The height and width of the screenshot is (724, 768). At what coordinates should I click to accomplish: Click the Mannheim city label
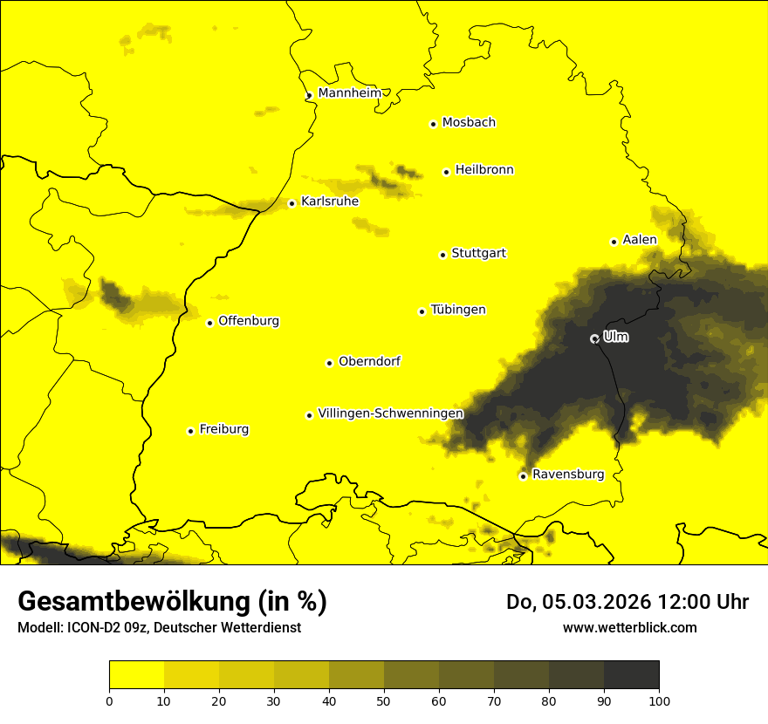point(349,92)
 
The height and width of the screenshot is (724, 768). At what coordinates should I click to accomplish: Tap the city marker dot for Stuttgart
point(442,255)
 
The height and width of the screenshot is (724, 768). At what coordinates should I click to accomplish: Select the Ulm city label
point(615,337)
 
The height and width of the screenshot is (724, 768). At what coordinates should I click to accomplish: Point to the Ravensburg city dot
point(523,476)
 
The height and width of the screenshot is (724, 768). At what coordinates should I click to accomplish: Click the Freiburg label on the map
point(223,429)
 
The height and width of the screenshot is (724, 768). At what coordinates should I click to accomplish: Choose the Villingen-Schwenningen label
point(390,413)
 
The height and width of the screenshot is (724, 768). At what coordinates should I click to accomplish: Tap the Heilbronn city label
point(484,170)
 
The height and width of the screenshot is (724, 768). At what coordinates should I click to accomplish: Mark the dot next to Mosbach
point(433,124)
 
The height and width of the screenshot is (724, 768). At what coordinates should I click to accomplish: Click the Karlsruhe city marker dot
point(291,204)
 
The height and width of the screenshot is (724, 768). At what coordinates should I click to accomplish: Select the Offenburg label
point(249,321)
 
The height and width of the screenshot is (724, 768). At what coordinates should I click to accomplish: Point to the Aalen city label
point(639,240)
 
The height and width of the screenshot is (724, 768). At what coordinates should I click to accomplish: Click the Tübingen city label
point(458,310)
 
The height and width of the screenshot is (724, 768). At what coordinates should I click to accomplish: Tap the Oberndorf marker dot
point(329,363)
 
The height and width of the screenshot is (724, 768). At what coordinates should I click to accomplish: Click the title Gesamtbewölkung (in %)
point(172,601)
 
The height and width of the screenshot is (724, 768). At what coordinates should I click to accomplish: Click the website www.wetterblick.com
point(629,627)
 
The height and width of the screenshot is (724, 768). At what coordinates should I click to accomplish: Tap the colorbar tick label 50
point(384,700)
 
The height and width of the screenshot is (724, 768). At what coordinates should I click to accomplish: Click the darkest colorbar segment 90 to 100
point(631,675)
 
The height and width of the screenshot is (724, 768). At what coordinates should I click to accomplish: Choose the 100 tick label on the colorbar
point(659,700)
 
